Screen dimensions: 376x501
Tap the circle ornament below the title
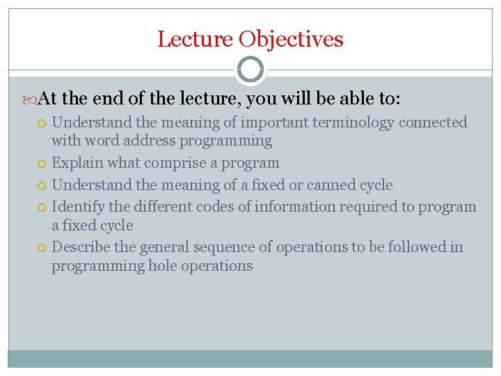point(250,70)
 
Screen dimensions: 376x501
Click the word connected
point(434,123)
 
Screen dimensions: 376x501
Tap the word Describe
point(79,247)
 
